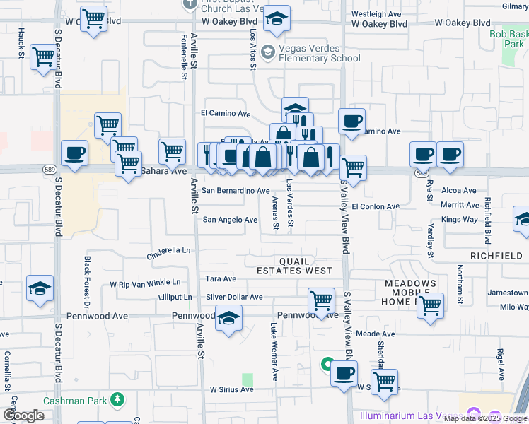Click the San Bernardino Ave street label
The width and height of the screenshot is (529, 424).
tap(236, 191)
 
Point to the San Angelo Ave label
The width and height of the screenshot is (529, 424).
tap(230, 220)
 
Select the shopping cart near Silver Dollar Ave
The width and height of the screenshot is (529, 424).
tap(321, 300)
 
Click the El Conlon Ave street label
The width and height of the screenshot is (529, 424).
tap(376, 206)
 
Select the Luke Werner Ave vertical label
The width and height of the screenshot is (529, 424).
tap(274, 351)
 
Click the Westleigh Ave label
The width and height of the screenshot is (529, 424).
tap(376, 14)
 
